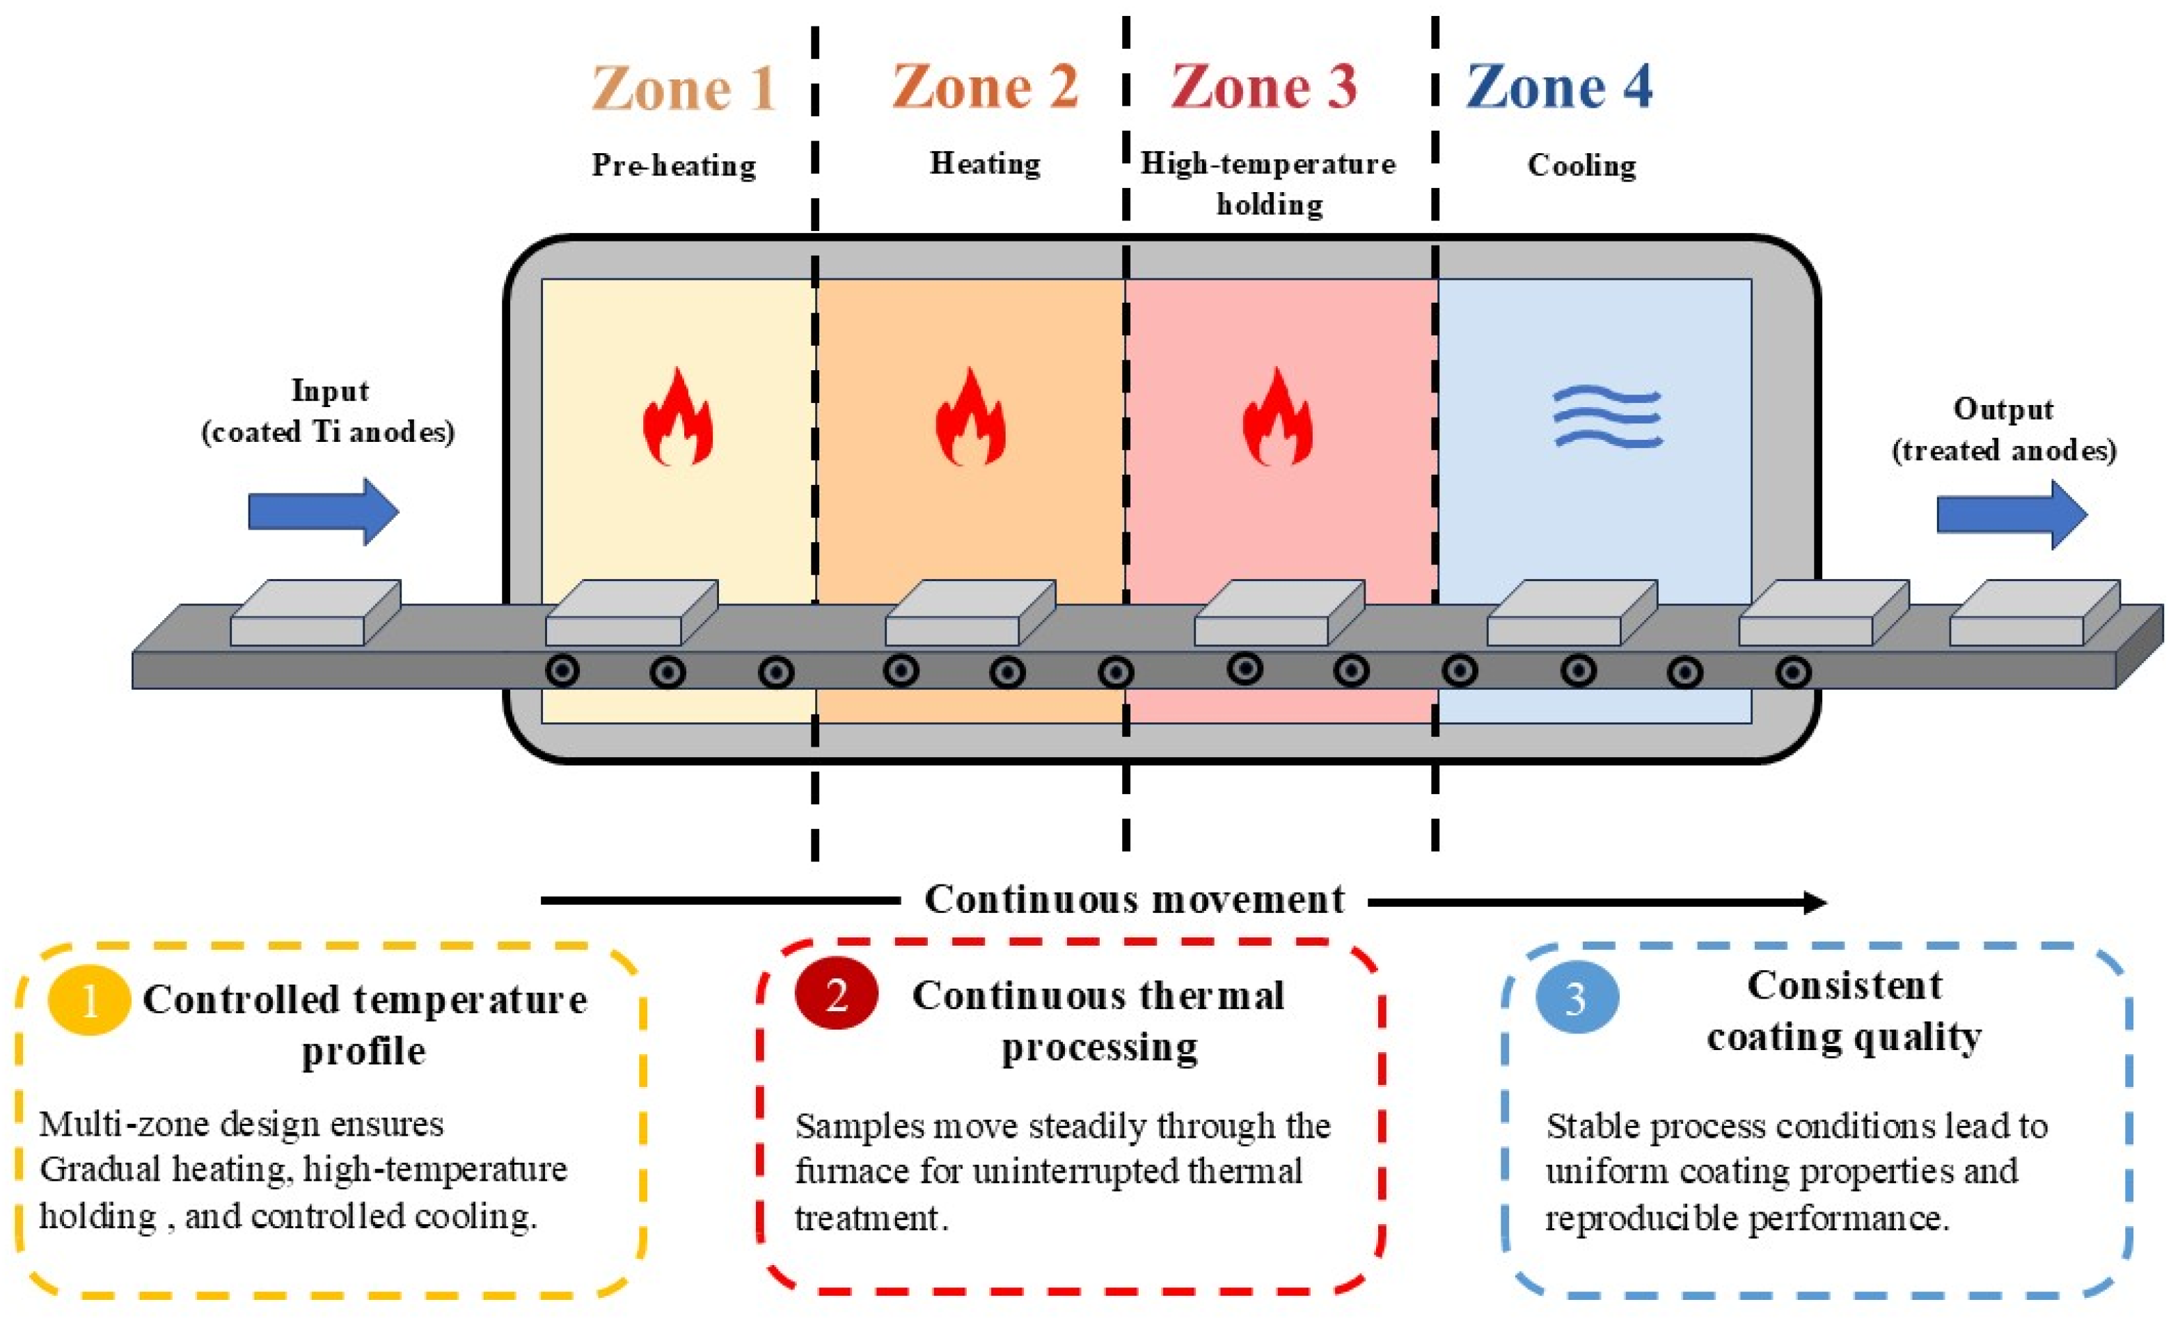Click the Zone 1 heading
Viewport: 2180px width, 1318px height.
click(684, 88)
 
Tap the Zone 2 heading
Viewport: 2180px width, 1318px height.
click(985, 87)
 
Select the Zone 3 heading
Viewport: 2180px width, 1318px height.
click(1263, 87)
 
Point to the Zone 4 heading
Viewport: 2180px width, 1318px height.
click(1559, 87)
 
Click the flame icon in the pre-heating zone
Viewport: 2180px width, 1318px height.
click(678, 418)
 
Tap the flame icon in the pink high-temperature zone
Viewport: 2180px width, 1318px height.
click(1277, 418)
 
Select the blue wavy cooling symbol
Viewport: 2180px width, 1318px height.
click(1609, 418)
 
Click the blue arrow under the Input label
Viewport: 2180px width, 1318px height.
click(324, 512)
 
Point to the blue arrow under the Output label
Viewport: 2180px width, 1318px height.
click(2012, 515)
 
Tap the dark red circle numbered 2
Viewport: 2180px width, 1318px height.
click(836, 995)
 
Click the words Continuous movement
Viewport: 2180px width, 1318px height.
click(1135, 900)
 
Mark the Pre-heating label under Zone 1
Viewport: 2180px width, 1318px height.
click(674, 166)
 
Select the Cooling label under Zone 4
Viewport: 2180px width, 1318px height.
click(1582, 166)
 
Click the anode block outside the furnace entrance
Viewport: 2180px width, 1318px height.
click(315, 612)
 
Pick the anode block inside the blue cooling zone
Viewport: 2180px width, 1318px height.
click(1571, 612)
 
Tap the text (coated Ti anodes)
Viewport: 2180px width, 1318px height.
click(329, 433)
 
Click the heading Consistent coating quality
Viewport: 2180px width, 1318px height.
click(1845, 1011)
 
